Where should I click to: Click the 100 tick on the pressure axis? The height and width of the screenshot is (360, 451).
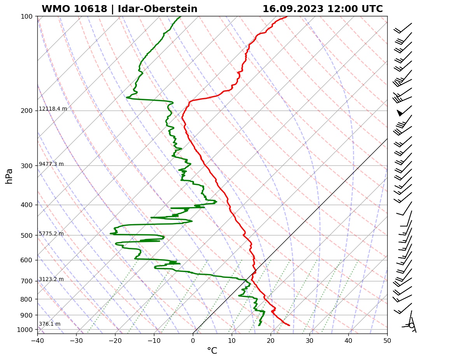point(27,16)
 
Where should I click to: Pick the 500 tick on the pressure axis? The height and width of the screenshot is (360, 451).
point(27,235)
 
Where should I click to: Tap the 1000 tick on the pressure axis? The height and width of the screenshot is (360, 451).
point(26,330)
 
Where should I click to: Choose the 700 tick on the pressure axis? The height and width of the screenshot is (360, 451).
point(27,281)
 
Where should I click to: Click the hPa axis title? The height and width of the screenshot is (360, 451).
point(9,176)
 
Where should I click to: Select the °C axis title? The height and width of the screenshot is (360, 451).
point(212,351)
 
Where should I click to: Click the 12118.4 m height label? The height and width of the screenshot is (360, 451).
point(53,109)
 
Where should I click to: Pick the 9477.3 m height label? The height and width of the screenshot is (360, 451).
point(51,164)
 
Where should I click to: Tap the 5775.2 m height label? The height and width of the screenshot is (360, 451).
point(51,234)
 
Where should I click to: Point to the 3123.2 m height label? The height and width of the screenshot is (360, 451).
point(51,279)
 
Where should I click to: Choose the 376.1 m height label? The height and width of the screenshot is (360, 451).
point(50,324)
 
